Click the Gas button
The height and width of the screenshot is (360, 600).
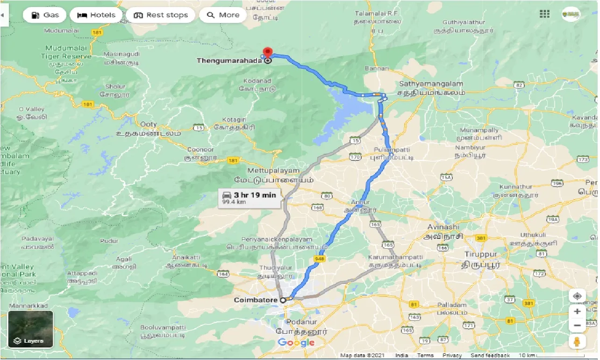(45, 15)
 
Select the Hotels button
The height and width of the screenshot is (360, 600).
(96, 15)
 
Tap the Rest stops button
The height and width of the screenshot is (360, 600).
(161, 15)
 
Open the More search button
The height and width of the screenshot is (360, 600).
(223, 15)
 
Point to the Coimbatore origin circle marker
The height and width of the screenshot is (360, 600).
(283, 300)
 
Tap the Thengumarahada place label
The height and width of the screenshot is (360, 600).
(230, 61)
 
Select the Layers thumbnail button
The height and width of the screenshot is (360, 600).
(31, 329)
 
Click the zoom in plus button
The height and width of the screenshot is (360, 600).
(578, 311)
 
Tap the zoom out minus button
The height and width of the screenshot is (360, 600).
(578, 325)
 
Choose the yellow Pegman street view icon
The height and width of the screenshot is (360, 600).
(578, 341)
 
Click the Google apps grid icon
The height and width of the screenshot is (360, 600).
(544, 14)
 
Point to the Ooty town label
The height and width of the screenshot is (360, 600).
(149, 124)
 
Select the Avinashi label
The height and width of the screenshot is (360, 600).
(443, 227)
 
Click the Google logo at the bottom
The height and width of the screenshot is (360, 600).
(296, 343)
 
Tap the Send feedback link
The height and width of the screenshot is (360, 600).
(491, 356)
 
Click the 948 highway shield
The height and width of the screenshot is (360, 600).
(320, 259)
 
